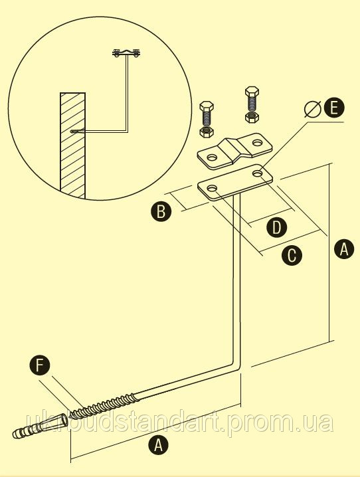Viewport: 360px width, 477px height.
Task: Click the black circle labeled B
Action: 161,211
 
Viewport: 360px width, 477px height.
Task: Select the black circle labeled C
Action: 292,255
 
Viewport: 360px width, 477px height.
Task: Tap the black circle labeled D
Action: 276,227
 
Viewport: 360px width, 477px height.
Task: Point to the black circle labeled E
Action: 334,108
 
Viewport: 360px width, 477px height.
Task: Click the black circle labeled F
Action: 39,365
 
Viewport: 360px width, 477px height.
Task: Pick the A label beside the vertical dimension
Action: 344,249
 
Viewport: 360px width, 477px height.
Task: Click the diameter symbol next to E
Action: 312,109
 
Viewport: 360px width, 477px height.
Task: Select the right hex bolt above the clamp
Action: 252,100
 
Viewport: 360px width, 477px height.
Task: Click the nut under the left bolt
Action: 207,132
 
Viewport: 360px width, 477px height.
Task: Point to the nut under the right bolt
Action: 252,118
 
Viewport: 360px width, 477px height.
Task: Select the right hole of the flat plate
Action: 258,173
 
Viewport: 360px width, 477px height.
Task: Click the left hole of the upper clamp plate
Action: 212,157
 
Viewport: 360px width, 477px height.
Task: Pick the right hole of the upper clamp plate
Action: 258,142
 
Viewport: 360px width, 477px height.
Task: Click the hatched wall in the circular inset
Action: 72,145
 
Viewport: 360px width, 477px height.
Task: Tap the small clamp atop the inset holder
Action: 126,52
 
